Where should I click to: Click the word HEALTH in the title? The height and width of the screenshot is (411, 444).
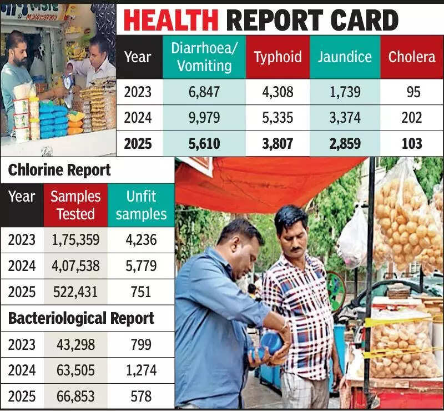pyautogui.click(x=170, y=21)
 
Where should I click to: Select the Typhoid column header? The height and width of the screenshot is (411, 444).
pyautogui.click(x=277, y=57)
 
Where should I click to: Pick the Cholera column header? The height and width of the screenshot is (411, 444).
pyautogui.click(x=412, y=57)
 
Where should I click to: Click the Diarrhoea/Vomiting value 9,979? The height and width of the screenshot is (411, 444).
pyautogui.click(x=204, y=118)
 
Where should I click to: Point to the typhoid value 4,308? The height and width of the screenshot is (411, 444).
pyautogui.click(x=277, y=92)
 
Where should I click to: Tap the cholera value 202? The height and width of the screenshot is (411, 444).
pyautogui.click(x=412, y=118)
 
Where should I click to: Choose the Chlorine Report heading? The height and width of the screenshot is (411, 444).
pyautogui.click(x=59, y=170)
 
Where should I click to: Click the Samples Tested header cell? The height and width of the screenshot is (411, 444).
pyautogui.click(x=75, y=205)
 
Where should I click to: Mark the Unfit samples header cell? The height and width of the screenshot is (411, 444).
pyautogui.click(x=141, y=205)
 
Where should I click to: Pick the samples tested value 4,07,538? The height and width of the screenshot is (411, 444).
pyautogui.click(x=75, y=265)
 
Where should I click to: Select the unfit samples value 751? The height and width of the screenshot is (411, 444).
pyautogui.click(x=141, y=292)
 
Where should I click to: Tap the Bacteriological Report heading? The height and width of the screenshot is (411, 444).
pyautogui.click(x=81, y=318)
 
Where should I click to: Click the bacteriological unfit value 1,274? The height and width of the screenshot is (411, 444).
pyautogui.click(x=141, y=370)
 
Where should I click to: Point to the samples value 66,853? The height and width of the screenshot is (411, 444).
pyautogui.click(x=75, y=397)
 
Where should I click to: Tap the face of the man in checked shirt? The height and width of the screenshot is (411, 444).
pyautogui.click(x=292, y=229)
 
